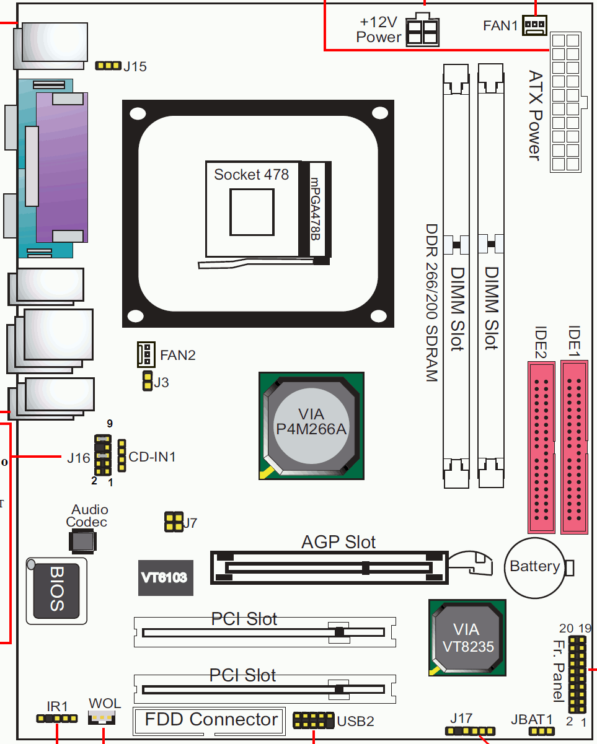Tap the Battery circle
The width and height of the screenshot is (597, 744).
[534, 566]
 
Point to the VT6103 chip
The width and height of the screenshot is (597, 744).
[166, 577]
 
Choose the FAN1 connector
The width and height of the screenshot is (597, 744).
[534, 25]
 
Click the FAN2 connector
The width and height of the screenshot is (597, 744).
[145, 354]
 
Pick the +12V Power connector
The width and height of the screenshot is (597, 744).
[422, 30]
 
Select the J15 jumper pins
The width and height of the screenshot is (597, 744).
[108, 66]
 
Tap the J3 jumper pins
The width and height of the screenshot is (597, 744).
[147, 382]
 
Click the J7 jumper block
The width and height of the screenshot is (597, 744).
[173, 522]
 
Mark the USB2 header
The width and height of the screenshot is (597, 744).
[314, 720]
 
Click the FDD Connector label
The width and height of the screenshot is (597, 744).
[211, 719]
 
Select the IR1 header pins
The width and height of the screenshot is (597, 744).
[57, 719]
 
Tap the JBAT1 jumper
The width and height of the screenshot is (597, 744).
[541, 732]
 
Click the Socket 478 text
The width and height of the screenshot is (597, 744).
[251, 175]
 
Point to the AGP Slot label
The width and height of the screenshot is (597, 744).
[338, 542]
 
